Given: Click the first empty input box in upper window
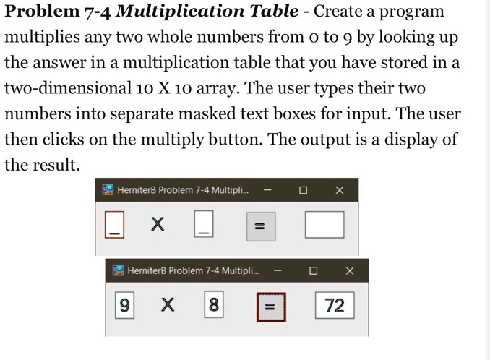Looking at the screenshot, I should [x=113, y=224].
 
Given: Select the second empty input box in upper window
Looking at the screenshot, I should [x=205, y=224].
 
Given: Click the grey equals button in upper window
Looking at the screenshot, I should [x=261, y=226].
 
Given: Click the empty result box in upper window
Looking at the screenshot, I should [x=324, y=225].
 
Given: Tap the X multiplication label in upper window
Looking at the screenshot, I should [x=158, y=225].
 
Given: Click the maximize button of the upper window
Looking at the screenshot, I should [x=304, y=190].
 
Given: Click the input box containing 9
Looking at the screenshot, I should [x=124, y=305].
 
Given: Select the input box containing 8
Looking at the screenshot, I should [x=213, y=305].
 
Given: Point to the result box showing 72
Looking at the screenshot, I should [x=334, y=305].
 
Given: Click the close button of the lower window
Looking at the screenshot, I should [x=350, y=270].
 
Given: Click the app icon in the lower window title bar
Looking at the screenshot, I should [x=118, y=270].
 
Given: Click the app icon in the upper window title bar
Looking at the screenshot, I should [x=108, y=189].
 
